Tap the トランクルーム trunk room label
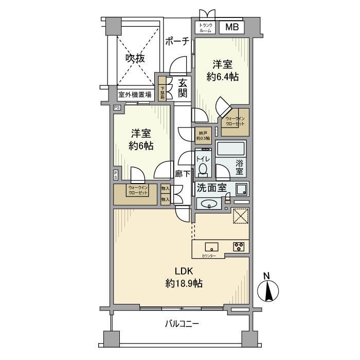pos(206,28)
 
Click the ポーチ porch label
pos(178,42)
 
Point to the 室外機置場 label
pos(135,95)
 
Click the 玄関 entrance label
pos(183,88)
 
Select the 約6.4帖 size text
pos(223,77)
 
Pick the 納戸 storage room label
pos(203,135)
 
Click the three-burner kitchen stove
pos(240,246)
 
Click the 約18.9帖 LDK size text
pos(184,283)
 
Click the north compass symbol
pos(267,291)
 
